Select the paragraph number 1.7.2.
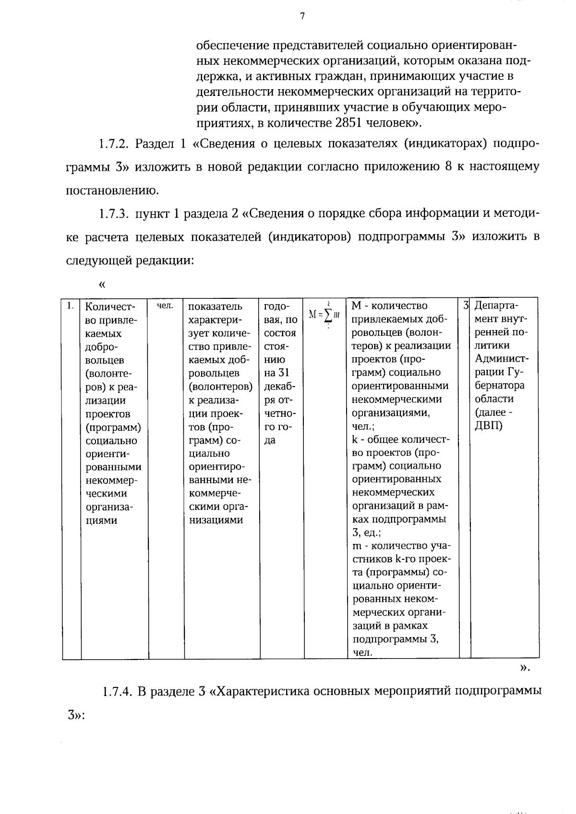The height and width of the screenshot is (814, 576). pos(115,144)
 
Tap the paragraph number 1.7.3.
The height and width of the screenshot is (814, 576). pos(115,214)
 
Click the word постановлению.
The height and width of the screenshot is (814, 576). pos(112,190)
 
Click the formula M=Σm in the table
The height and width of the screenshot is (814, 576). pos(324,314)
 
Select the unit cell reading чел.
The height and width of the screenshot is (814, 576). pos(165,306)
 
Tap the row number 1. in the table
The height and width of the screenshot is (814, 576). pos(71,306)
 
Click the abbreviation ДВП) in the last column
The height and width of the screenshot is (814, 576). pos(488,426)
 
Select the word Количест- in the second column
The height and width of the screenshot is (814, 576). pos(110,306)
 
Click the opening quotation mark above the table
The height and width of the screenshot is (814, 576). pos(101,284)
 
